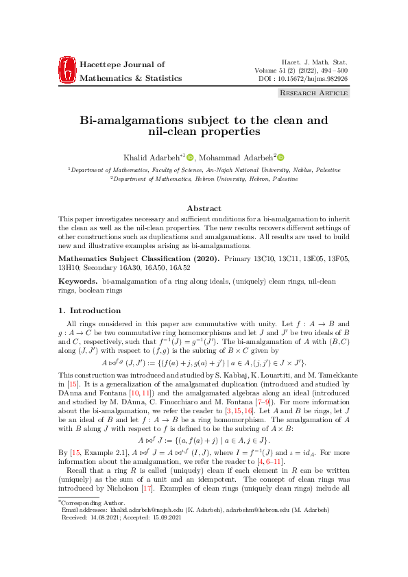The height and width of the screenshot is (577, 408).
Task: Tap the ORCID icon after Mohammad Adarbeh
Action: (280, 158)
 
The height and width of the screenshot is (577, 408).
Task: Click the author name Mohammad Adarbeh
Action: (237, 158)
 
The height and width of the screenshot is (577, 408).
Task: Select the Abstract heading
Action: (204, 208)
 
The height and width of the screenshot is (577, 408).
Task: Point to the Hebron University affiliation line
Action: (204, 178)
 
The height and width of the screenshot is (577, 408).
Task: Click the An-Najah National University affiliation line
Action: (204, 169)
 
